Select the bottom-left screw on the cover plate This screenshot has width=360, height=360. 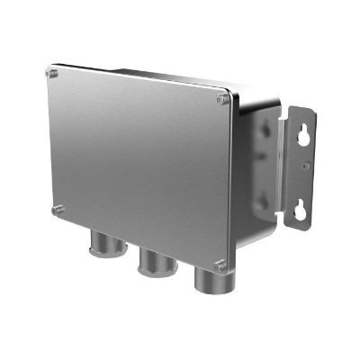tap(58, 209)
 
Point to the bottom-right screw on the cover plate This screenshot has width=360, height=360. tap(220, 264)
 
